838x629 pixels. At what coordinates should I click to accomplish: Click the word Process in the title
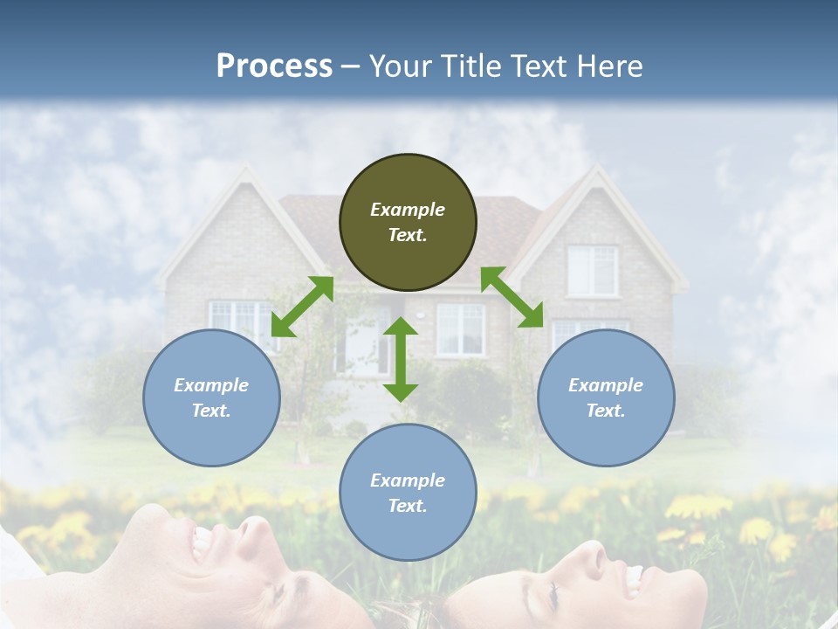[274, 66]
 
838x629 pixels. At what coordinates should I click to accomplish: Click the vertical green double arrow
[401, 359]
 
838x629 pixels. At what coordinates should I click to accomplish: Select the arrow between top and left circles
[302, 307]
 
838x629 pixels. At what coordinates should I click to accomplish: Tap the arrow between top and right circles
[512, 297]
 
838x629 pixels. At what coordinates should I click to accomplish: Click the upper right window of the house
[592, 269]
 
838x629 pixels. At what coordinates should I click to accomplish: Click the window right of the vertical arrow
[460, 329]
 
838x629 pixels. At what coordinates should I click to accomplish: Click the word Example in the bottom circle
[408, 480]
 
